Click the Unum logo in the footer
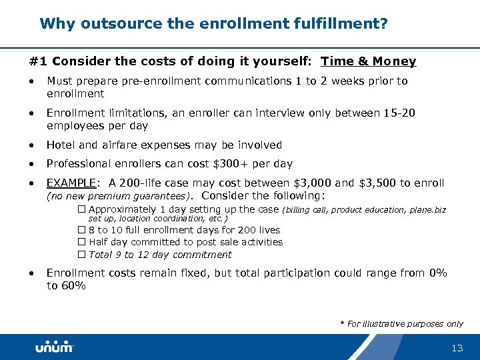[54, 347]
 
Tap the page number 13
[457, 348]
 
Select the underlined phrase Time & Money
[368, 61]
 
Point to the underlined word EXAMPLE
[71, 183]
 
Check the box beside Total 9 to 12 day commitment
[82, 255]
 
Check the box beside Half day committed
[82, 242]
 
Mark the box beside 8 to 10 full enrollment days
[82, 230]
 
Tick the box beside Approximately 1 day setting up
[82, 209]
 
